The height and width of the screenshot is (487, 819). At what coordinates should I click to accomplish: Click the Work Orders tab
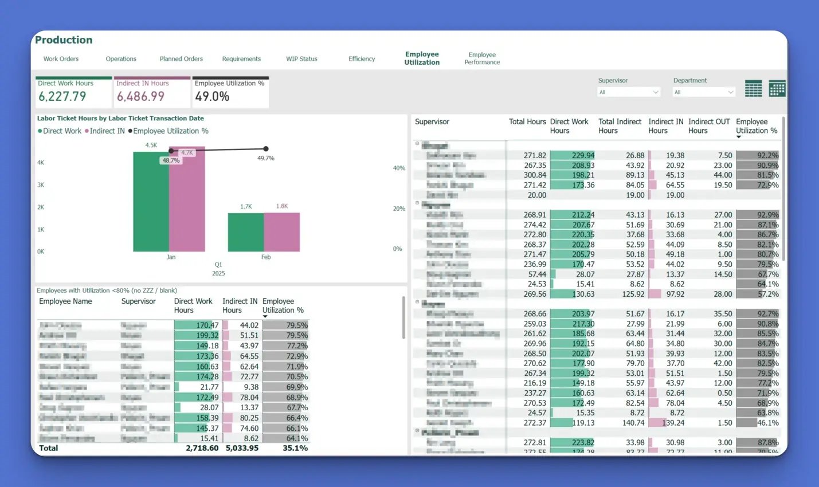pyautogui.click(x=61, y=59)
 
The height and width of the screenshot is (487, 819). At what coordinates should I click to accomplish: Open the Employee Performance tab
pyautogui.click(x=482, y=58)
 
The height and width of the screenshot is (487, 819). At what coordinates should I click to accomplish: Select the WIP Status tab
pyautogui.click(x=301, y=59)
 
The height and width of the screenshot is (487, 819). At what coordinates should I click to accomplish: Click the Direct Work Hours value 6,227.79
pyautogui.click(x=62, y=97)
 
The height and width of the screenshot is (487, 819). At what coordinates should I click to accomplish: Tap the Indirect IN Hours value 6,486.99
pyautogui.click(x=141, y=97)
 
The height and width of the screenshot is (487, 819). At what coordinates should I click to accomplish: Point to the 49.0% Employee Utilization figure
pyautogui.click(x=212, y=97)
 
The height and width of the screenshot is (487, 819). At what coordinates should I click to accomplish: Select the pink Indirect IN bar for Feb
pyautogui.click(x=282, y=232)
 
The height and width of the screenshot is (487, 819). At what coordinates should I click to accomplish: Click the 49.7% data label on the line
pyautogui.click(x=266, y=158)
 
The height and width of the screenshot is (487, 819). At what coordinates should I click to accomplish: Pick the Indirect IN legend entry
pyautogui.click(x=107, y=131)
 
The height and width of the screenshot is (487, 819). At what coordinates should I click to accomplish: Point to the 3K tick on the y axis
pyautogui.click(x=41, y=185)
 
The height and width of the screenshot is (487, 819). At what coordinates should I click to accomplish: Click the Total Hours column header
pyautogui.click(x=527, y=122)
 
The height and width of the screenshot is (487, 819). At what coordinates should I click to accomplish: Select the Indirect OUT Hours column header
pyautogui.click(x=709, y=126)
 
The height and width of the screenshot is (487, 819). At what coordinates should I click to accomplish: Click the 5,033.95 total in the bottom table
pyautogui.click(x=242, y=448)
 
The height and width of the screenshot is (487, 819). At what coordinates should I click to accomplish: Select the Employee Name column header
pyautogui.click(x=65, y=301)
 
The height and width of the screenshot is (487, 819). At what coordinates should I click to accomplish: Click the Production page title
pyautogui.click(x=64, y=40)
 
